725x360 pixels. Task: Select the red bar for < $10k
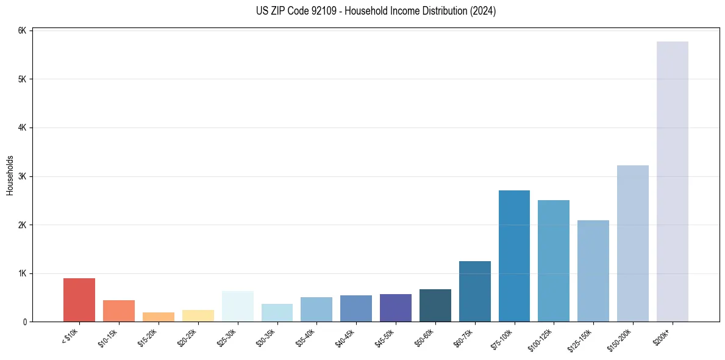(79, 300)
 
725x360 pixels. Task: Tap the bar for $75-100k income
(514, 256)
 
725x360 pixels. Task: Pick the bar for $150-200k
(632, 243)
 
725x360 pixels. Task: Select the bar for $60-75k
(474, 292)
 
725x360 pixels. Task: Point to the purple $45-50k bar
(395, 308)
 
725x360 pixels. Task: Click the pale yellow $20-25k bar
(198, 316)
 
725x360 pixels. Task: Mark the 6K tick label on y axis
(21, 31)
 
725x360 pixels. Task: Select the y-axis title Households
(10, 176)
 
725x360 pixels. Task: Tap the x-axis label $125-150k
(580, 337)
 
